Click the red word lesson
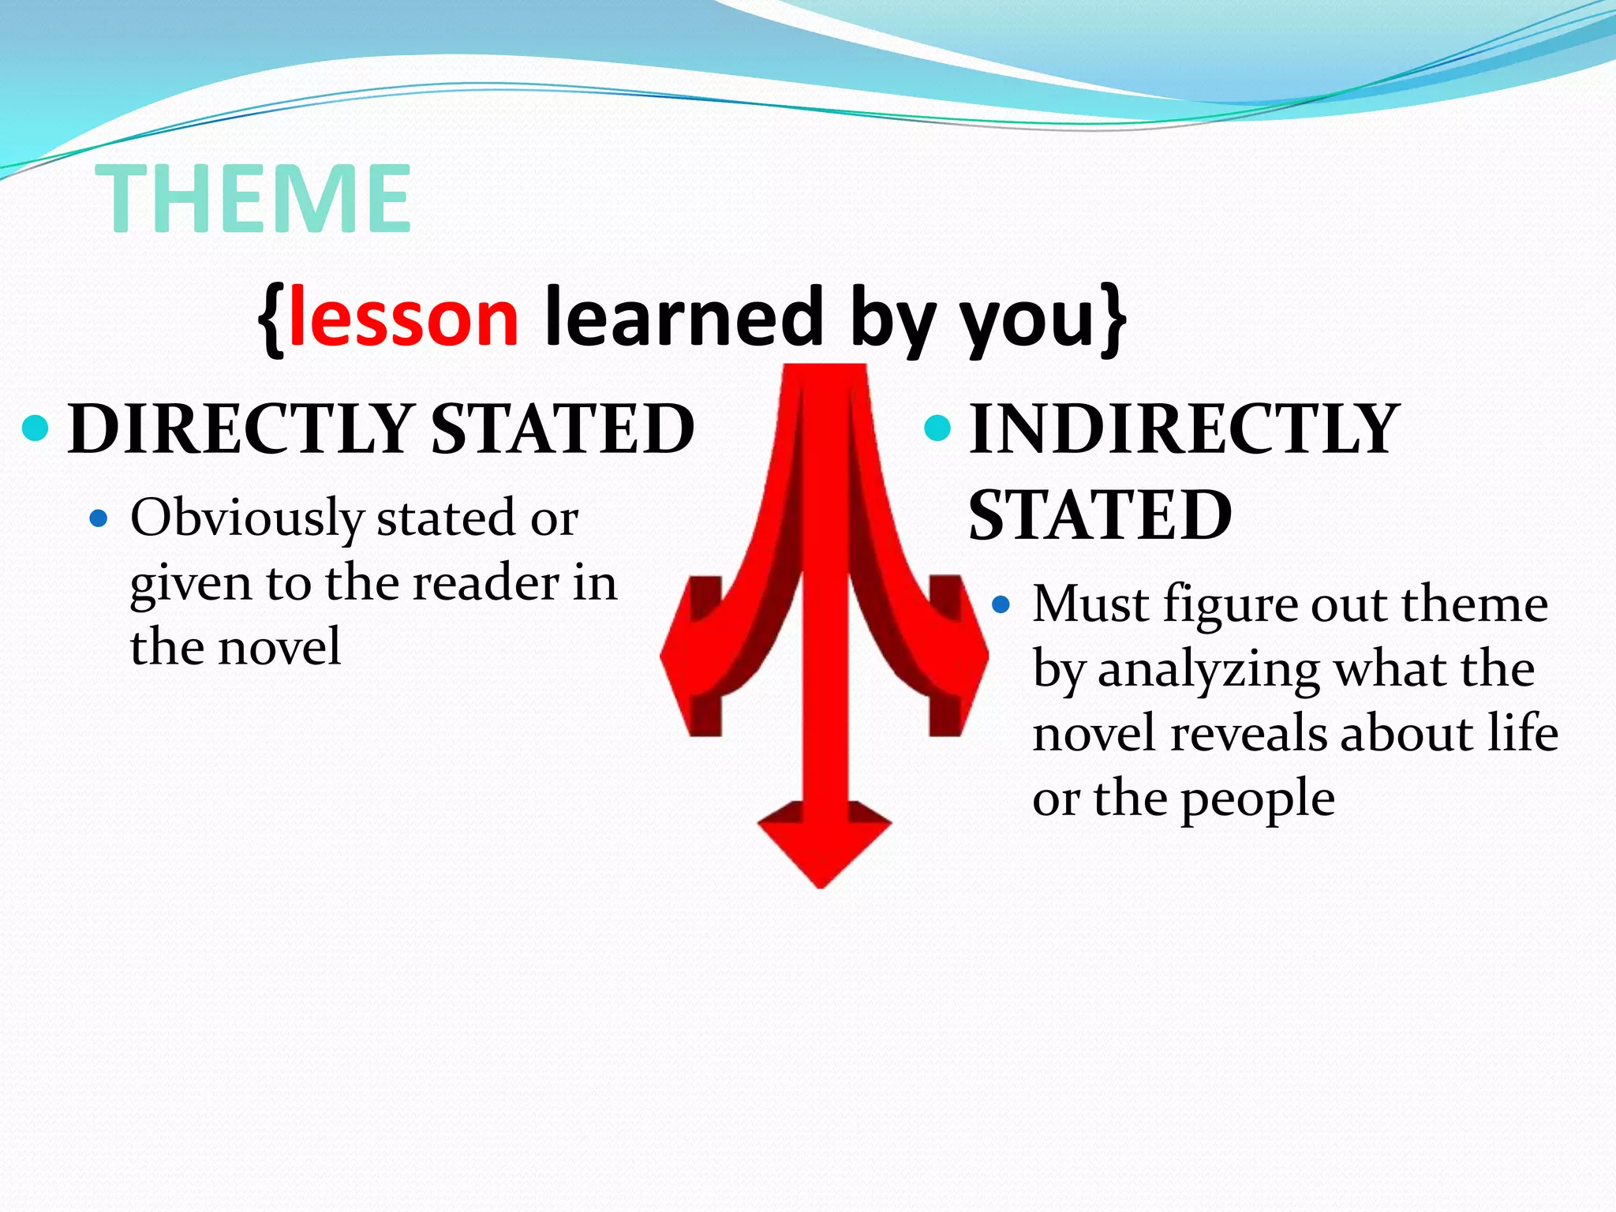403,318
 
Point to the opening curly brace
271,320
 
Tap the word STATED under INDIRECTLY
1100,514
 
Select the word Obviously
247,519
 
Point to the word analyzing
1208,671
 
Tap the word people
1258,799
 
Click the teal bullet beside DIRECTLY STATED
36,428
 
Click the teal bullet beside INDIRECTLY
937,428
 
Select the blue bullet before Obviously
99,518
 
